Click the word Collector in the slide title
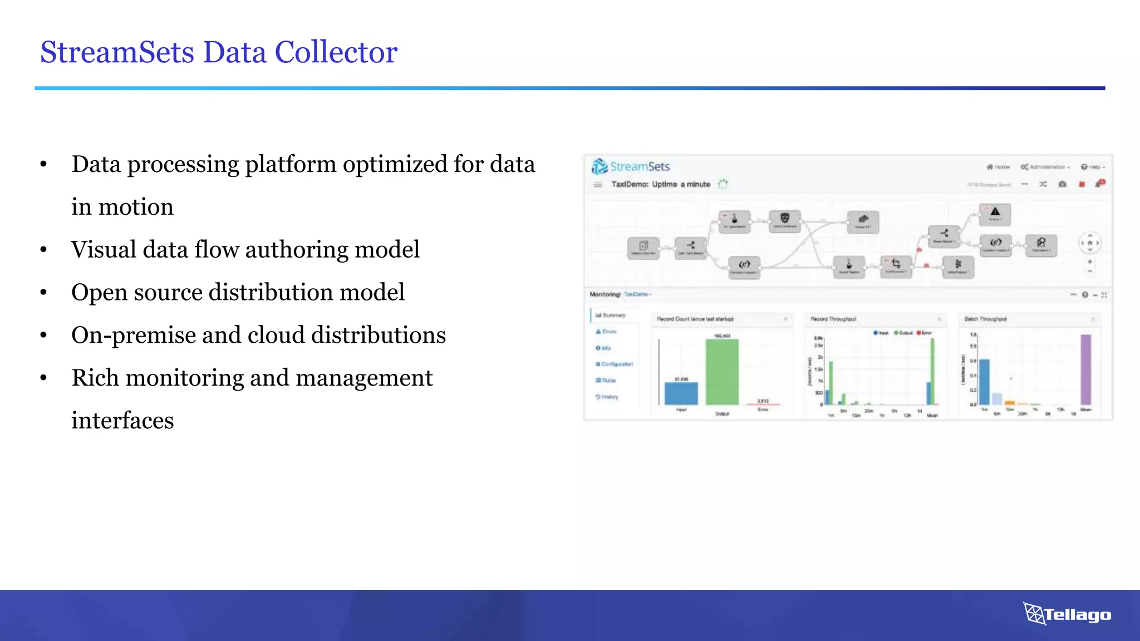click(336, 52)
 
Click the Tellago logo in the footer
click(1067, 614)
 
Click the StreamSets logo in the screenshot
click(630, 166)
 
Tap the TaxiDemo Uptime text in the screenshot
click(660, 184)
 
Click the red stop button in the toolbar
click(1082, 184)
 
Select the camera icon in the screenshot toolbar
click(1062, 184)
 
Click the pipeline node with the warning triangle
click(995, 214)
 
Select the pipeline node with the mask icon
click(784, 220)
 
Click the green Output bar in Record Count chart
click(722, 372)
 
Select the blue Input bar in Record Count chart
click(681, 393)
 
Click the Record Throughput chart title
click(833, 319)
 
